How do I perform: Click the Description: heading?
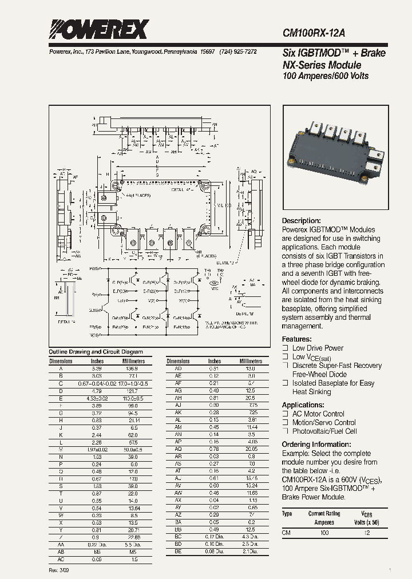pos(302,221)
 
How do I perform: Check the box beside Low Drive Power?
pos(285,348)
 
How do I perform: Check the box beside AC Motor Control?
pos(285,414)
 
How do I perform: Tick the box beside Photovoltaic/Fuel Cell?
pos(285,431)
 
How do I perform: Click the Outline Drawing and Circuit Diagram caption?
pos(96,352)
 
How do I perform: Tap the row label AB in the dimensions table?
pos(61,552)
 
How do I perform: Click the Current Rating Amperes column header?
pos(324,518)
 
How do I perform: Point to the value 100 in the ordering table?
pos(324,533)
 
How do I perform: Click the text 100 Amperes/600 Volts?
pos(326,76)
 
